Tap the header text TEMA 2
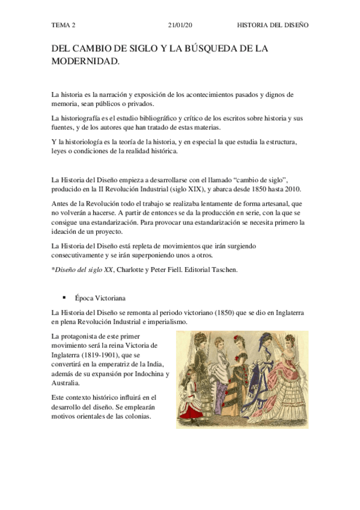(x=63, y=26)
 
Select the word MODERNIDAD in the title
(x=85, y=61)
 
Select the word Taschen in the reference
(x=224, y=269)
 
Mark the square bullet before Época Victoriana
(x=63, y=298)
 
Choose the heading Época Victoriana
(x=99, y=298)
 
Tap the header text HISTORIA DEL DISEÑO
(x=273, y=26)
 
